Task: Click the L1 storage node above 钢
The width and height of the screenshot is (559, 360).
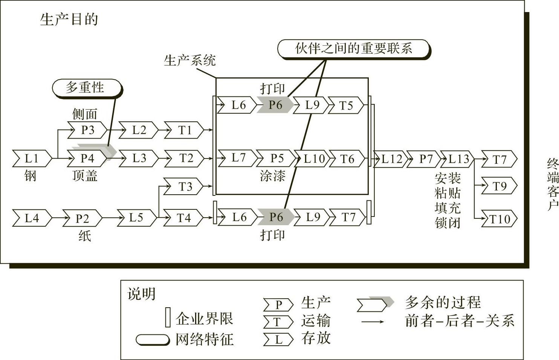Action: point(32,159)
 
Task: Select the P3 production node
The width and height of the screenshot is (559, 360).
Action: point(87,130)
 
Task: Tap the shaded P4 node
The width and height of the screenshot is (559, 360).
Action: point(87,158)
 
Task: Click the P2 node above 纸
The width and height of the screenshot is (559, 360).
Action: point(82,218)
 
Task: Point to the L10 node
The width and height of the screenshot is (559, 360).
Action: point(314,159)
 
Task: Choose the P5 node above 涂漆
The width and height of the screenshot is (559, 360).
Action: point(277,158)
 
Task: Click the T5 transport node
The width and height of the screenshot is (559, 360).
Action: point(346,105)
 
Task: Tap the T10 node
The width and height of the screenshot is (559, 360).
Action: point(499,219)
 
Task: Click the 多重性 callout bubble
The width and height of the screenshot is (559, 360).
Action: point(86,88)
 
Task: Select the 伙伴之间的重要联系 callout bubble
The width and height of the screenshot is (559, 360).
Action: point(353,49)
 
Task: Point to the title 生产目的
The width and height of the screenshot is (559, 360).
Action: point(69,20)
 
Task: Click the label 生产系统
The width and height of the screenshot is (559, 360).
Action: point(189,61)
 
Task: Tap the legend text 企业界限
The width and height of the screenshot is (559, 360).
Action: point(204,319)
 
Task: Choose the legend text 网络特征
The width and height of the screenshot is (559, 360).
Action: point(204,339)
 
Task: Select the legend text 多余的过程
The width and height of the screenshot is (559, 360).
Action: point(443,302)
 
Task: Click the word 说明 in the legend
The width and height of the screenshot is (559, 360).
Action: point(141,294)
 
